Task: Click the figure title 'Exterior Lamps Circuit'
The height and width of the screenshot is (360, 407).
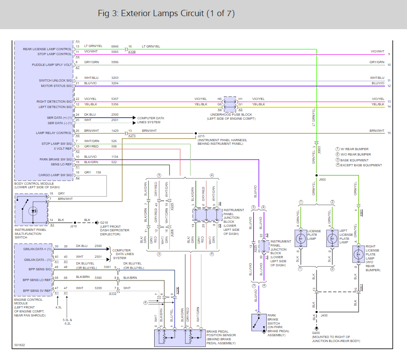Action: pyautogui.click(x=166, y=13)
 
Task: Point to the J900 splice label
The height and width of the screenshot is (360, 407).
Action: pyautogui.click(x=322, y=179)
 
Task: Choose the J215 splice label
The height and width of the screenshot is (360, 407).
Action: pyautogui.click(x=201, y=136)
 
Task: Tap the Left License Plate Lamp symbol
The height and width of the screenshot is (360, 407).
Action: pyautogui.click(x=333, y=238)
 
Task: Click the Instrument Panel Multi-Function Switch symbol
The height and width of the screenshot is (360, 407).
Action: pyautogui.click(x=31, y=209)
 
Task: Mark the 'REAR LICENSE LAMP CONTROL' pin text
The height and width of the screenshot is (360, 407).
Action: pyautogui.click(x=47, y=49)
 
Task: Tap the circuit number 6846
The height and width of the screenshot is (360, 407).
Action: pyautogui.click(x=115, y=47)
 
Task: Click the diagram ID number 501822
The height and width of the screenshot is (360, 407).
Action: pyautogui.click(x=19, y=345)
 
